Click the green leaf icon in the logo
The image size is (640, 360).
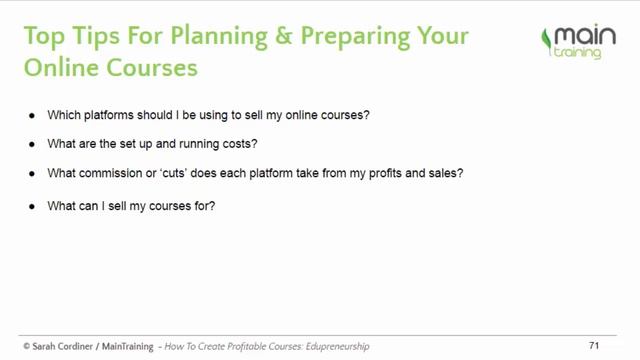click(x=546, y=41)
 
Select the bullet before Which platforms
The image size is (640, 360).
click(x=36, y=115)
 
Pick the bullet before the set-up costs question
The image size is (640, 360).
click(x=36, y=144)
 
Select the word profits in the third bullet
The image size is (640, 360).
click(x=394, y=173)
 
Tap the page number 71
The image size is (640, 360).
click(x=593, y=345)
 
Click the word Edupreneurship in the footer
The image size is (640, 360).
click(x=337, y=346)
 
